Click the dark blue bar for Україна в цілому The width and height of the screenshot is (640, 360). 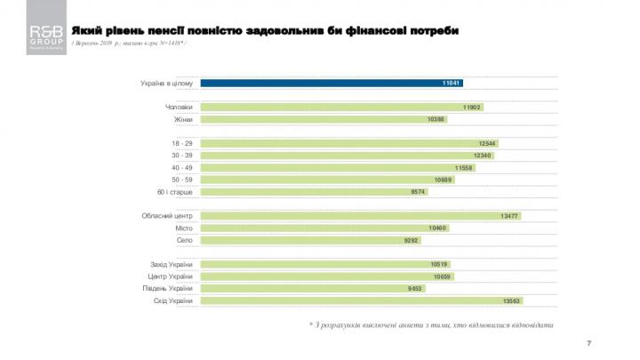(329, 83)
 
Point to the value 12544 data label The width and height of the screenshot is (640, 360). (486, 143)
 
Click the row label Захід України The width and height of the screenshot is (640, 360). (172, 264)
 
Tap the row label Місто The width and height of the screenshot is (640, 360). (184, 228)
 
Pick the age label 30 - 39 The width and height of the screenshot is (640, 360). (181, 156)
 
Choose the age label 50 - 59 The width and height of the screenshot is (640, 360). (181, 180)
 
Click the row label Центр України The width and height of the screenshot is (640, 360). (172, 276)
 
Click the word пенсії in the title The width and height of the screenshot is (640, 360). (173, 31)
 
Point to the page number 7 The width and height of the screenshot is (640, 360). (589, 342)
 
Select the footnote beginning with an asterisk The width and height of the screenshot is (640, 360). (430, 324)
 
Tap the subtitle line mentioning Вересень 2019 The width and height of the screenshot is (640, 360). (129, 44)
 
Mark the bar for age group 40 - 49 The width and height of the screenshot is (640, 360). (338, 167)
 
